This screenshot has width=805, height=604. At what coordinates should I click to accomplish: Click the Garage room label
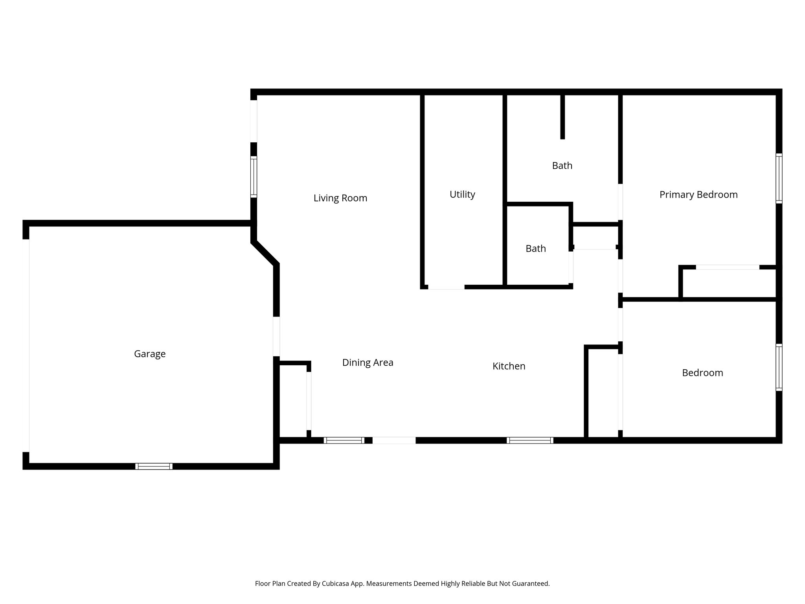150,354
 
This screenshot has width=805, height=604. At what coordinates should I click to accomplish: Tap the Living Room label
340,198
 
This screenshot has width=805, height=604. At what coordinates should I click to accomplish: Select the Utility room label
462,194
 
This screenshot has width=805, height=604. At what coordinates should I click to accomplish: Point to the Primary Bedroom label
698,195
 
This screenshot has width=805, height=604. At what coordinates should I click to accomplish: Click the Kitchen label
509,366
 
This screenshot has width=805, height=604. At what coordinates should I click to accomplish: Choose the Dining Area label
368,363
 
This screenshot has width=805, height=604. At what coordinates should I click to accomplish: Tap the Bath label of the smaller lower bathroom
536,249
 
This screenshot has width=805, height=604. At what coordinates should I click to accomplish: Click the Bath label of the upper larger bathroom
562,166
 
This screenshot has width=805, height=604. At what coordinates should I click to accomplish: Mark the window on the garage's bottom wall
154,466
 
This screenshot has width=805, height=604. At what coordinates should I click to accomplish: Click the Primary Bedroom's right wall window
779,178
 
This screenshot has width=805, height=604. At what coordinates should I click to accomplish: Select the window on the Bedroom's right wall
779,367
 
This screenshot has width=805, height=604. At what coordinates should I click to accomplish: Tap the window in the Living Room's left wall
254,177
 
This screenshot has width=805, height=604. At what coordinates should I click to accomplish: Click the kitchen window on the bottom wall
530,440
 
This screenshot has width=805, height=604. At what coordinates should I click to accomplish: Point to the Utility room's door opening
446,287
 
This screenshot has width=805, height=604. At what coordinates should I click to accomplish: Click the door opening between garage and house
276,336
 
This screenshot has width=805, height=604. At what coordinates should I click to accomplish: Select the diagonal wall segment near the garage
265,253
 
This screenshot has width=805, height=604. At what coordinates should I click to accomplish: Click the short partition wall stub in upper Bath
562,117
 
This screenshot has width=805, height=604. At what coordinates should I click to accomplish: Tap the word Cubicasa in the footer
337,584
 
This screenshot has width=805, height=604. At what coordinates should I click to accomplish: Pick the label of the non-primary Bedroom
702,373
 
